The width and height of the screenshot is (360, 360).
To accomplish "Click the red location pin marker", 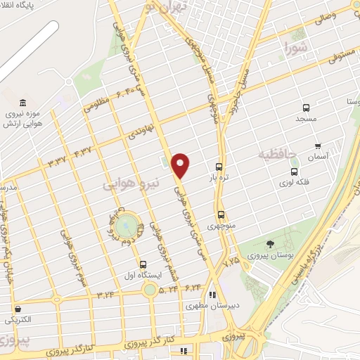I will [x=181, y=165].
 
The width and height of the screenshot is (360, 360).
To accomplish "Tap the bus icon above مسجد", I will [x=306, y=108].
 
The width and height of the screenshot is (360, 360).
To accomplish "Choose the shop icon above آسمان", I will [x=318, y=146].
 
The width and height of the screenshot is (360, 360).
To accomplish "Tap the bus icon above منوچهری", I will [x=221, y=214].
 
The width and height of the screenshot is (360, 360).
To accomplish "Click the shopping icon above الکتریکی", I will [x=17, y=309].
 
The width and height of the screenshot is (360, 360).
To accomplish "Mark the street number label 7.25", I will [x=231, y=261].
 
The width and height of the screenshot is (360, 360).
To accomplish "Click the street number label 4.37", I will [x=82, y=151].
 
